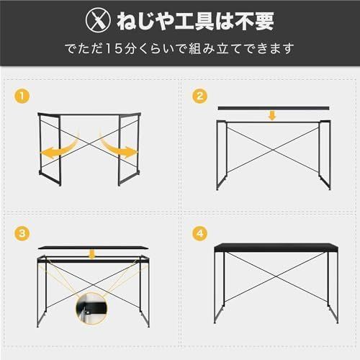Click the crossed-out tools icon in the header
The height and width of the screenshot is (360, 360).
(x=99, y=20)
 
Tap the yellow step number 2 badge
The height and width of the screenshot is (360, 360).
(x=199, y=95)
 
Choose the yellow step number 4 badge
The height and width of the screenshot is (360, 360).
(x=199, y=233)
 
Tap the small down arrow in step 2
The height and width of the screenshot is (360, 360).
(x=271, y=115)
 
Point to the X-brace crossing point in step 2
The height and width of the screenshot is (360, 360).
(x=273, y=151)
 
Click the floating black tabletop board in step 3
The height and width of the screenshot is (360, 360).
(x=91, y=246)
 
